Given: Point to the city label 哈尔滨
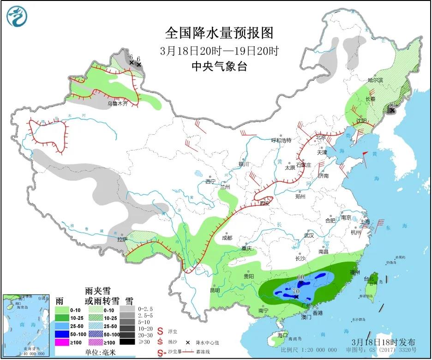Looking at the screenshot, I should pyautogui.click(x=375, y=80).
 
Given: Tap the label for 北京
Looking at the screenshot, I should pyautogui.click(x=320, y=138).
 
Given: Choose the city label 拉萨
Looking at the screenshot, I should pyautogui.click(x=121, y=240).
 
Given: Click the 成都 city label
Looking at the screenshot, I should pyautogui.click(x=227, y=238).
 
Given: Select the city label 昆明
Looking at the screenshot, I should pyautogui.click(x=215, y=290).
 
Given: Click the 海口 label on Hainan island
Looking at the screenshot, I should pyautogui.click(x=282, y=336).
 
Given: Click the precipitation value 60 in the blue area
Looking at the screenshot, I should pyautogui.click(x=300, y=277).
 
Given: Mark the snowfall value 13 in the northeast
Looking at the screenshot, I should pyautogui.click(x=393, y=105).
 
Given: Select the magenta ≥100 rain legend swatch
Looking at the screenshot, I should pyautogui.click(x=63, y=342).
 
